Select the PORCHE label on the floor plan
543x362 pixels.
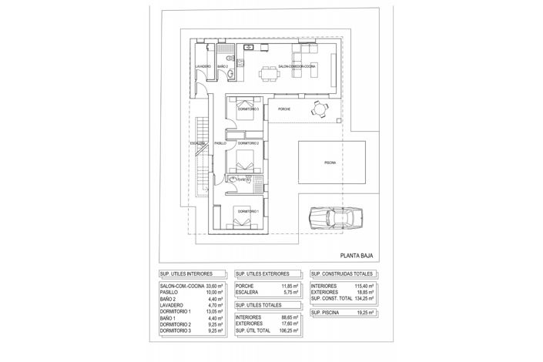(284, 119)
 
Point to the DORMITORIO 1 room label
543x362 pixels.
(248, 211)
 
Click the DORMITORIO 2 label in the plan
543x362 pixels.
(248, 144)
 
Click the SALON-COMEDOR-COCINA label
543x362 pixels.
(297, 66)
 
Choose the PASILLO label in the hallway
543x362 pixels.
(221, 144)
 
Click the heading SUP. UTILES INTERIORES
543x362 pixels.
(186, 274)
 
